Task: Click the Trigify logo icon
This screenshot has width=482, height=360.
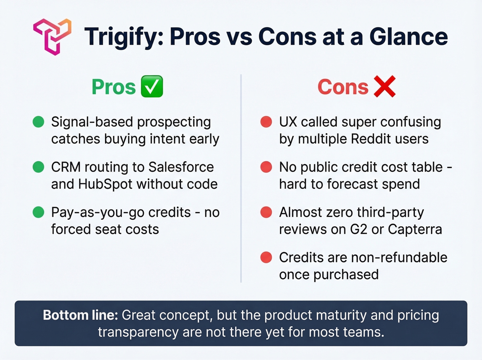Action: click(x=52, y=37)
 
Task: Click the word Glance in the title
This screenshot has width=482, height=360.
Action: click(x=408, y=37)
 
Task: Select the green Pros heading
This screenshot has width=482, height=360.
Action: click(x=114, y=87)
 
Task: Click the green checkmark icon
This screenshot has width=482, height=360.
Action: click(x=152, y=86)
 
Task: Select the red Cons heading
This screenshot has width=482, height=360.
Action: click(x=343, y=87)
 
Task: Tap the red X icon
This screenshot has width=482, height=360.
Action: click(x=385, y=86)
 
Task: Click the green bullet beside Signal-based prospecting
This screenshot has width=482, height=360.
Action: click(x=39, y=122)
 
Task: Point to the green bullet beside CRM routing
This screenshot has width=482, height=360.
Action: click(x=39, y=167)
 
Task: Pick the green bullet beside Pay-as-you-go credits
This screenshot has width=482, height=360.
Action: click(x=39, y=212)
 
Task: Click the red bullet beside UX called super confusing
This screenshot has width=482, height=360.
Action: click(x=266, y=122)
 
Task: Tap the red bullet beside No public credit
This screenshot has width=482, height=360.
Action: click(x=266, y=167)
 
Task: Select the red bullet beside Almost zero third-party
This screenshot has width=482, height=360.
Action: click(x=266, y=212)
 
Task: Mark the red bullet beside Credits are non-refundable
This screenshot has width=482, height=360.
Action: click(x=266, y=257)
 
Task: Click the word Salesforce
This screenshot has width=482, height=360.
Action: click(x=181, y=167)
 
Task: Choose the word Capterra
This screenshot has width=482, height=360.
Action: click(x=415, y=229)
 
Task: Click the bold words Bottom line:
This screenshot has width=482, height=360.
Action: click(x=80, y=315)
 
